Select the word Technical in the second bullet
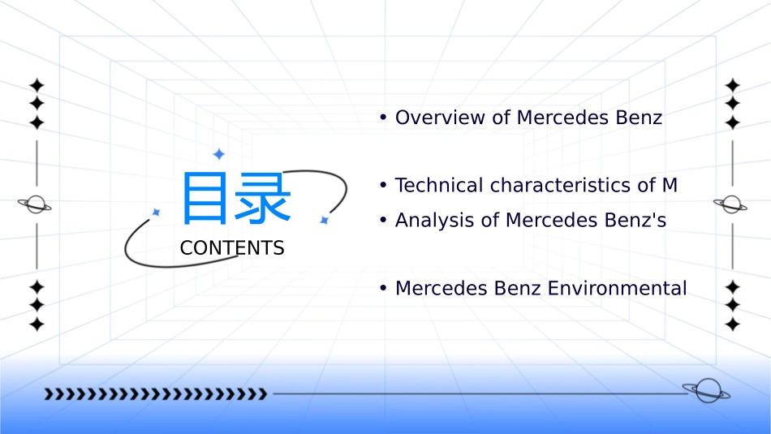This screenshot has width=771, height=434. coord(439,185)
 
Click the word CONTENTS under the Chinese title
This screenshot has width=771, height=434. coord(232,248)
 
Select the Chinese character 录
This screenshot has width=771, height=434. coord(263,198)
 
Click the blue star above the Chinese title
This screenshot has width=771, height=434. coord(218,154)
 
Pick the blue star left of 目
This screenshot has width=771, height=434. coord(157,212)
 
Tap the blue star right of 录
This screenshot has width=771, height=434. coord(324,220)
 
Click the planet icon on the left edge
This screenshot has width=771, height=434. coord(35,204)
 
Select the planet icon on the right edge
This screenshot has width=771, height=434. coord(730,204)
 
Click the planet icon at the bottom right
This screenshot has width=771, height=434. coord(706,391)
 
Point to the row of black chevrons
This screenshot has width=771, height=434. coord(155,394)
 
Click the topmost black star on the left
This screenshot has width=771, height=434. coord(36,84)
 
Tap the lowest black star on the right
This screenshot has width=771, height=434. coord(733,324)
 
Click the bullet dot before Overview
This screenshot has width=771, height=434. coord(382,118)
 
